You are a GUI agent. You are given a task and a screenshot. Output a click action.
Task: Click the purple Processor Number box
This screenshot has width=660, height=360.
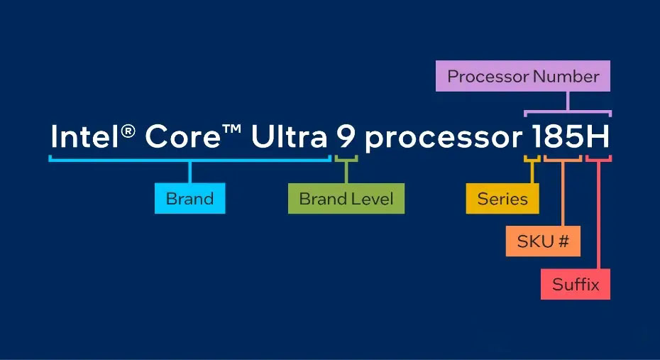click(x=523, y=76)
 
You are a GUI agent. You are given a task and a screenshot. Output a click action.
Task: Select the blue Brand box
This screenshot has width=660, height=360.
click(x=189, y=198)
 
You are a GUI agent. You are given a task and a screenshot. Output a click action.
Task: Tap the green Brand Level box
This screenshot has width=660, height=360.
click(x=346, y=198)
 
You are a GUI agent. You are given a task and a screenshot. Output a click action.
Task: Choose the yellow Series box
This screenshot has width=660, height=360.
click(x=502, y=198)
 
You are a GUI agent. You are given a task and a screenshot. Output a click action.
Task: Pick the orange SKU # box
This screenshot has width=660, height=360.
click(x=543, y=241)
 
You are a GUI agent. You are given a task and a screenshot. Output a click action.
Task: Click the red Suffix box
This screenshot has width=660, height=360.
click(x=576, y=284)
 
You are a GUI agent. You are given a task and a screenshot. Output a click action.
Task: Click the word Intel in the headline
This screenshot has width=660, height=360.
click(x=84, y=136)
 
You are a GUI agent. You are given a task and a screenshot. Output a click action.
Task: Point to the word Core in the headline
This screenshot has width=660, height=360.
click(x=182, y=136)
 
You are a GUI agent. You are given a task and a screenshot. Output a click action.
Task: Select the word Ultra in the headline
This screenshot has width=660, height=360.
click(x=289, y=136)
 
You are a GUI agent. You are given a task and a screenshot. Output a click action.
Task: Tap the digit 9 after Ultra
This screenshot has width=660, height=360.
click(x=346, y=136)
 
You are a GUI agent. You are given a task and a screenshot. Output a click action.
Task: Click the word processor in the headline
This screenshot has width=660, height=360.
click(x=444, y=139)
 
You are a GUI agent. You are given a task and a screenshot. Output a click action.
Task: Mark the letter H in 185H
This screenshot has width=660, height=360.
click(x=598, y=136)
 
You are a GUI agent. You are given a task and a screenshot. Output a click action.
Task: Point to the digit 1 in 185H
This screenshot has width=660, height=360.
click(x=537, y=136)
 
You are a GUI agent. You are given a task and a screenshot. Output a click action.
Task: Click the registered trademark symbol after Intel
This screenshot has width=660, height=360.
click(x=128, y=131)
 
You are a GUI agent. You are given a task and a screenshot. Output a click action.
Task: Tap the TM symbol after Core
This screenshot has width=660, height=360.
click(x=231, y=128)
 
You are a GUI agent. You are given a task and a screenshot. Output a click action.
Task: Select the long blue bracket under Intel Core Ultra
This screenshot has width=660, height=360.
click(x=189, y=160)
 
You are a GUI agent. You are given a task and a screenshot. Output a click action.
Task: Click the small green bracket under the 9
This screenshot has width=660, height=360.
click(x=346, y=159)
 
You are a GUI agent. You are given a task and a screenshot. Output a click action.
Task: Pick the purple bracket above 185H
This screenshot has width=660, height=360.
click(x=568, y=112)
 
